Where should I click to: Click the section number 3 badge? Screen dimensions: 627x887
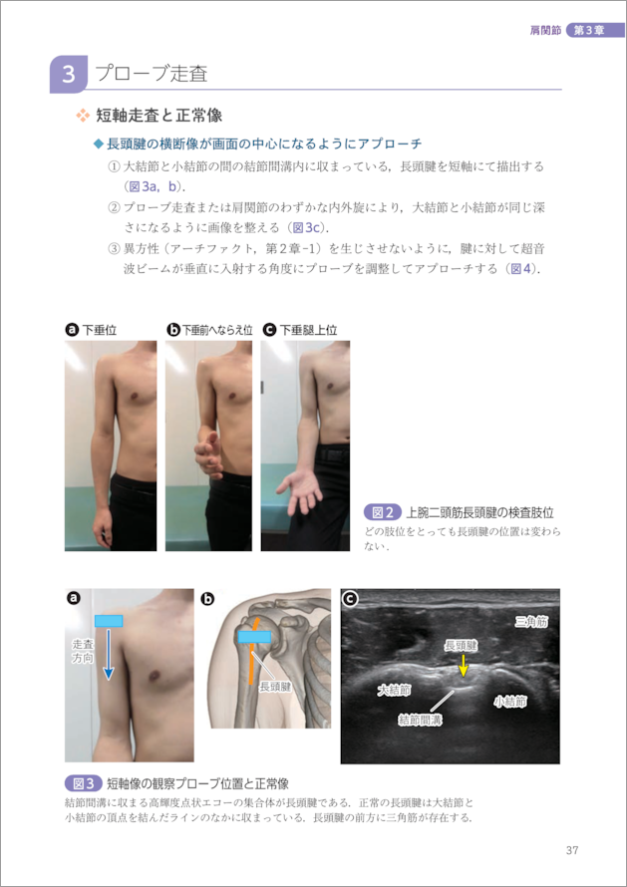[x=69, y=74]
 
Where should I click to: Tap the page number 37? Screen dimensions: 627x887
[x=571, y=850]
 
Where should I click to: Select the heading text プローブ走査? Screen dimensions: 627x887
[x=152, y=74]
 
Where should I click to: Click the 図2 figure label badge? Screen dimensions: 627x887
[x=383, y=512]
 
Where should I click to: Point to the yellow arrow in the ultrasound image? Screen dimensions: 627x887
[x=464, y=666]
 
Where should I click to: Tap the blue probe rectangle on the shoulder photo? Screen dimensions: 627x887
[x=109, y=621]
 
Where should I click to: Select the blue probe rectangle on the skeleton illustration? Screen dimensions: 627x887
[x=254, y=637]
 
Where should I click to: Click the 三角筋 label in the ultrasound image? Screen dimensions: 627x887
[x=531, y=622]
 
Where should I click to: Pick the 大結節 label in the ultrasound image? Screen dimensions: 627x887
[x=395, y=690]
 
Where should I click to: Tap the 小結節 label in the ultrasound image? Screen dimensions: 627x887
[x=509, y=702]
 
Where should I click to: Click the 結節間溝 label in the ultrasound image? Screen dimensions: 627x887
[x=421, y=720]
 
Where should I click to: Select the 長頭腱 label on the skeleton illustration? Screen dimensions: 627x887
[x=275, y=687]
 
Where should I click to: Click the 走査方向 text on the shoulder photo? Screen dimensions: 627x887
[x=83, y=651]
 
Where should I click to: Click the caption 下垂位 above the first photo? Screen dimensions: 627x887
[x=100, y=330]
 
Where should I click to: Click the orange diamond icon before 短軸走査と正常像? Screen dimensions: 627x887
[x=83, y=116]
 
